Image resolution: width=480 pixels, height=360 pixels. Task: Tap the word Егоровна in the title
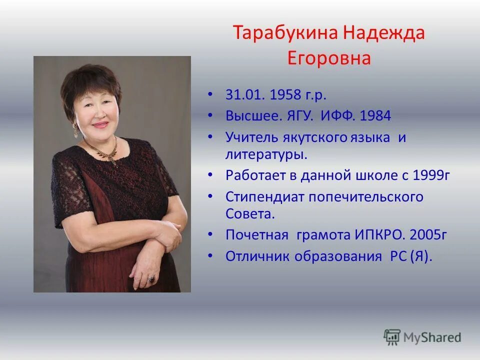(329, 58)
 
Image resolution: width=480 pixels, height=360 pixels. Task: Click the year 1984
(375, 116)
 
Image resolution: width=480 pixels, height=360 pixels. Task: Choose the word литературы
(266, 153)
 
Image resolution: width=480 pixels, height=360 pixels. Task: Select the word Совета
(250, 214)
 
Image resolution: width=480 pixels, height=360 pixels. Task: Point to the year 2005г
(428, 234)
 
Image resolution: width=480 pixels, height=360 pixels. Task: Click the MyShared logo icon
(392, 337)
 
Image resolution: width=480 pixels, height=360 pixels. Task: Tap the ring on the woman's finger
(151, 279)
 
